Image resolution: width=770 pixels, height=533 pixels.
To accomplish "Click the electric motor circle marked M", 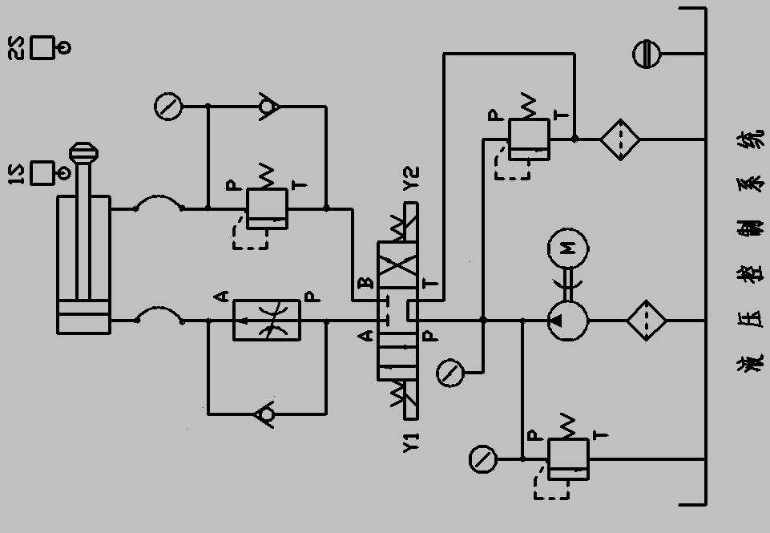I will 567,249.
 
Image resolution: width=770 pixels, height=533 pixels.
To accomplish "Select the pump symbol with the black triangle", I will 567,321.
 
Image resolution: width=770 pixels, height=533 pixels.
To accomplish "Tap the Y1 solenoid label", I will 411,442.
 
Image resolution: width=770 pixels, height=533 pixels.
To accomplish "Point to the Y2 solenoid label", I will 411,178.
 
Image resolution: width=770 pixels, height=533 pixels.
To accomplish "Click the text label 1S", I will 15,173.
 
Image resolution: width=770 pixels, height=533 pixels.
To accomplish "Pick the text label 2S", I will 15,48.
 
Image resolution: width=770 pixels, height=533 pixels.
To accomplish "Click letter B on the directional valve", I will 366,282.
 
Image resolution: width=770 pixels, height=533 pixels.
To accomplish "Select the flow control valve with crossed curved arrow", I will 267,321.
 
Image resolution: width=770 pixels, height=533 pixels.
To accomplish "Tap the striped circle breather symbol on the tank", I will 647,55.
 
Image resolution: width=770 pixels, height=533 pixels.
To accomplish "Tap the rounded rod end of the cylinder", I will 83,152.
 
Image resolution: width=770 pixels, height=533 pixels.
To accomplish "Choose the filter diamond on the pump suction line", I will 647,321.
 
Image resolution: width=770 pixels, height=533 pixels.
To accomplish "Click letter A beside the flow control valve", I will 222,297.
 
